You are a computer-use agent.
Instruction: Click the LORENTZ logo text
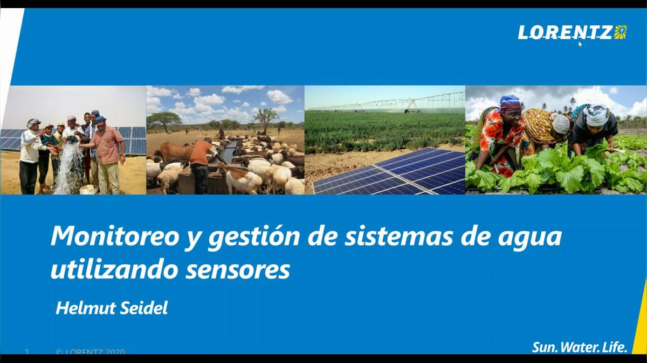(565, 32)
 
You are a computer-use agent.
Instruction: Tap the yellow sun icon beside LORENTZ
(621, 32)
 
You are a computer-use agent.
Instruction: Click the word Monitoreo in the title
(113, 237)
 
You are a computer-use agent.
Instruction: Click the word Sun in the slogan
(543, 347)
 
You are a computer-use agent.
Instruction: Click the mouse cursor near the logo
(580, 44)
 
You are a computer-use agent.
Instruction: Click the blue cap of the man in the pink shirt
(100, 119)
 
